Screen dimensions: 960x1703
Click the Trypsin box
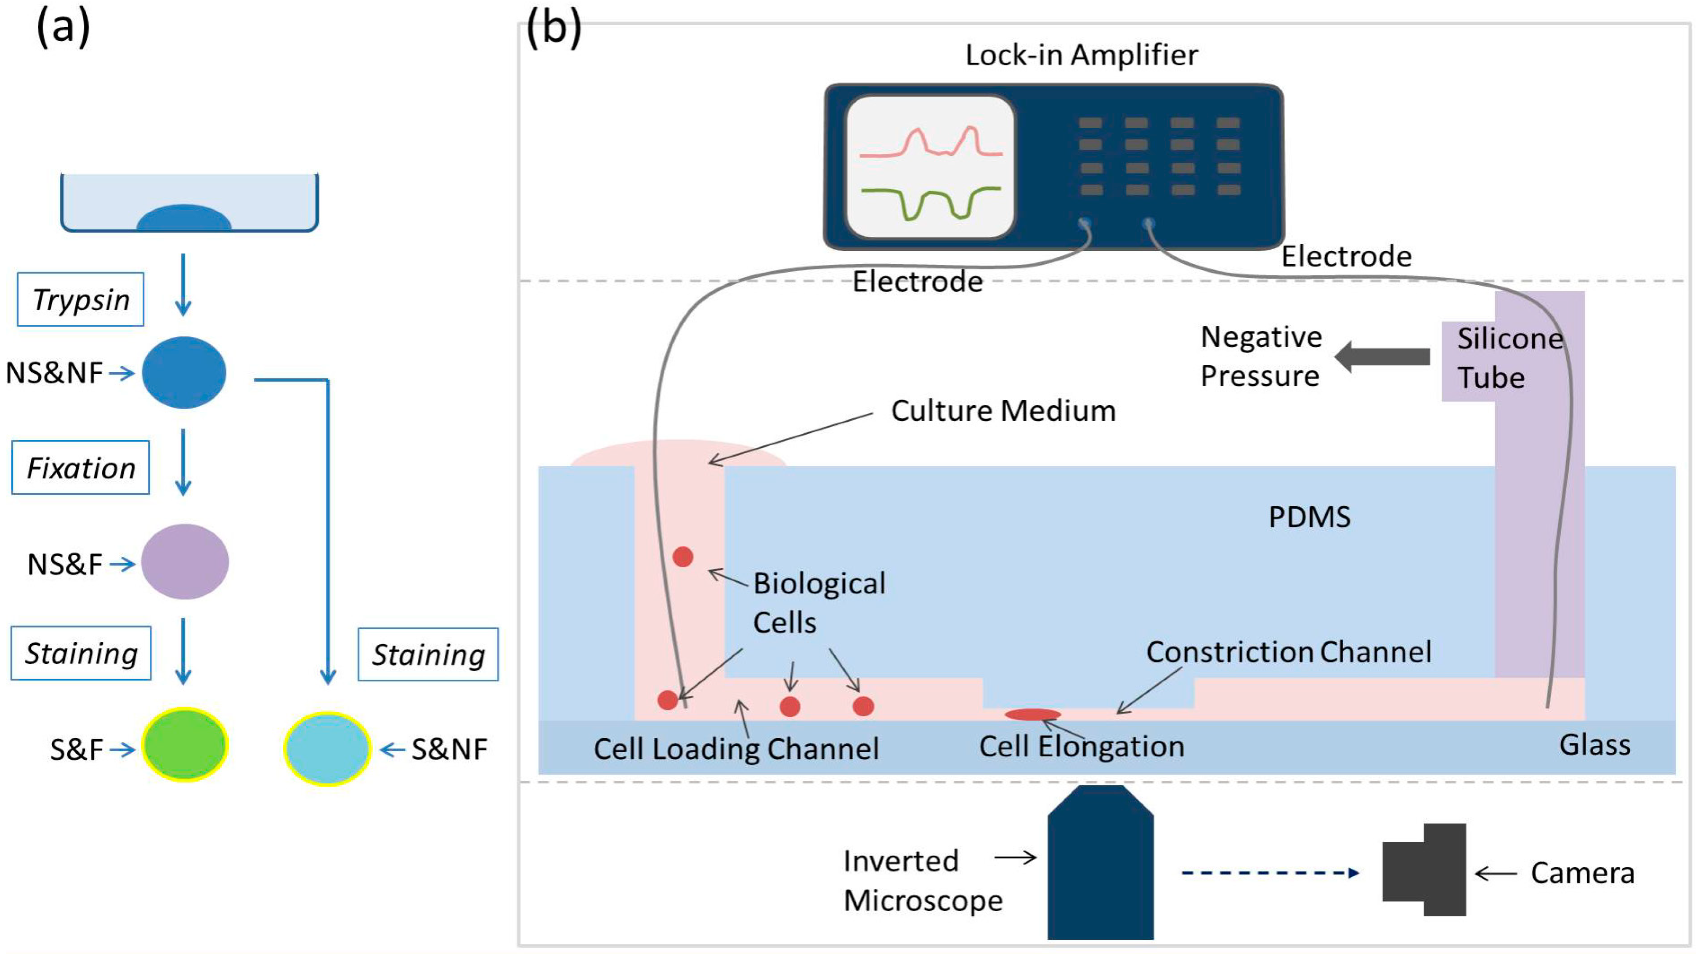click(x=81, y=300)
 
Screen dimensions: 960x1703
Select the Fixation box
click(x=81, y=468)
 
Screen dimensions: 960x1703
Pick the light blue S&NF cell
click(x=326, y=748)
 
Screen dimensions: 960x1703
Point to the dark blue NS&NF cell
click(x=184, y=372)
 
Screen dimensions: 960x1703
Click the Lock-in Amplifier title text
click(x=1082, y=55)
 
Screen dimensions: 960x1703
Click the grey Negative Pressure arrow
click(x=1382, y=356)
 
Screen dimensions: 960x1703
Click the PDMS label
click(x=1309, y=517)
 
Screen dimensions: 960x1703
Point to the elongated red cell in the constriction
click(x=1033, y=714)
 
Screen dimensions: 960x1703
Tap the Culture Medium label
click(x=1003, y=411)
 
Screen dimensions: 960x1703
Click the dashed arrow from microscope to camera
click(x=1269, y=873)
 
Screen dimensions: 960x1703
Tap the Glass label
click(x=1594, y=745)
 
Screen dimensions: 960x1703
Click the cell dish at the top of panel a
click(x=189, y=202)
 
